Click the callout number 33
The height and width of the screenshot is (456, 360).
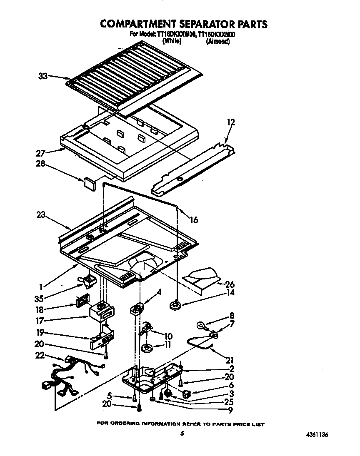tap(42, 76)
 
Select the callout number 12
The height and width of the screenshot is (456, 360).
tap(231, 122)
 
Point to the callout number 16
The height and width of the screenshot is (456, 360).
tap(194, 220)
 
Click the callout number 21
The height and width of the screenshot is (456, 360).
tap(230, 360)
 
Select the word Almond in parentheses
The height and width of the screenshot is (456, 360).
tap(218, 42)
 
